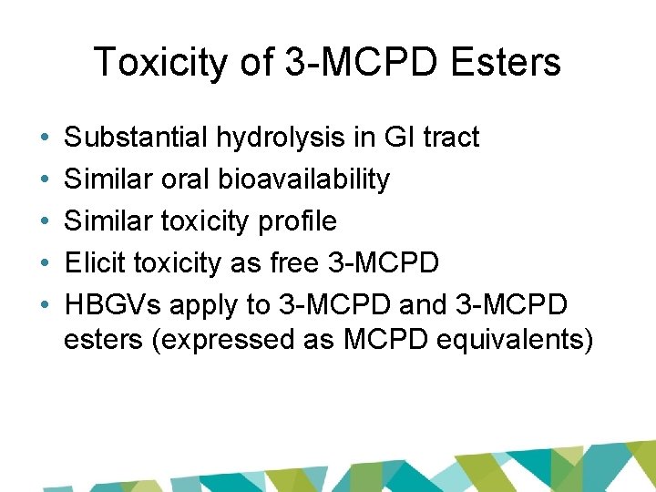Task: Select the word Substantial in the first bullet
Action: pyautogui.click(x=138, y=138)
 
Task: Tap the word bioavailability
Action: pyautogui.click(x=304, y=179)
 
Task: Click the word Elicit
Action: pyautogui.click(x=96, y=263)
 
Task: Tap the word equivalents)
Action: pyautogui.click(x=516, y=340)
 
